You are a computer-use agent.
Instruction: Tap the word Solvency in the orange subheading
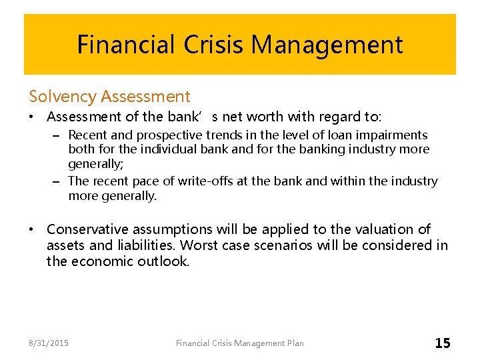[64, 97]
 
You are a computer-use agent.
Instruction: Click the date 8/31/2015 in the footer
[49, 343]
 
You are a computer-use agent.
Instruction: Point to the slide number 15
[443, 343]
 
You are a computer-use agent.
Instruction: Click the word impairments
[389, 135]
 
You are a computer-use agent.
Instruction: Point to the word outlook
[163, 261]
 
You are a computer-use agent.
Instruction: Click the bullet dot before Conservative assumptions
[32, 229]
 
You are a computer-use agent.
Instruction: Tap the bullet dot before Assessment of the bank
[32, 117]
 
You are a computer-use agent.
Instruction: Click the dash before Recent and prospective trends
[57, 135]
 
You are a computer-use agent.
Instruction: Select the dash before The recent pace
[57, 181]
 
